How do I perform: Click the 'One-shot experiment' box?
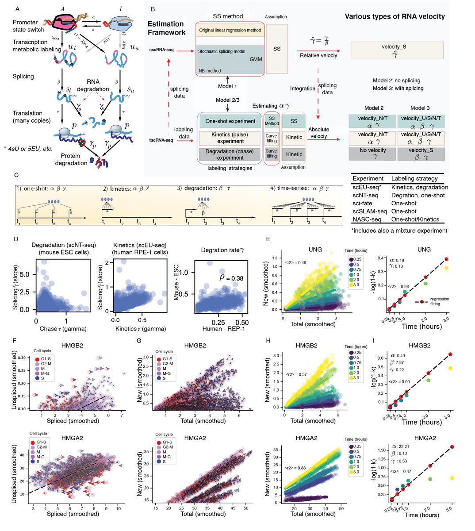pos(230,121)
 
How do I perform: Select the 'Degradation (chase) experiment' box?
pos(230,154)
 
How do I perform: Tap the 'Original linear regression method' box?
pos(230,31)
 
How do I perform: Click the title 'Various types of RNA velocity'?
pos(395,17)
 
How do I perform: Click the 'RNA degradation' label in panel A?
pos(92,85)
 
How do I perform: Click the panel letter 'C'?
pos(16,176)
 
